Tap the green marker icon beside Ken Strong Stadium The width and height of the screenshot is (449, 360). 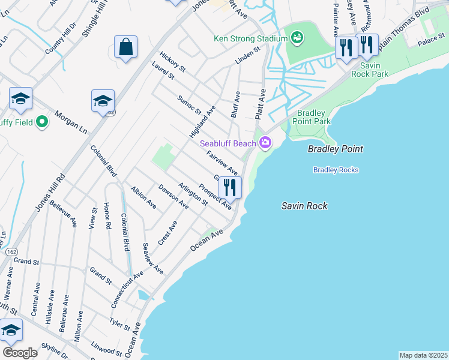296,39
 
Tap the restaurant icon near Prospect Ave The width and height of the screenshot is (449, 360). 230,187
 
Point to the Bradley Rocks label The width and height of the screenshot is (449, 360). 336,170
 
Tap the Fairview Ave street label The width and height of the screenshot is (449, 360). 222,163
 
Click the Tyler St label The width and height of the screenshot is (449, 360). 119,324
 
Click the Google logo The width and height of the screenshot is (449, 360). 20,352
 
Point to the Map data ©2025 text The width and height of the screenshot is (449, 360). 423,355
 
